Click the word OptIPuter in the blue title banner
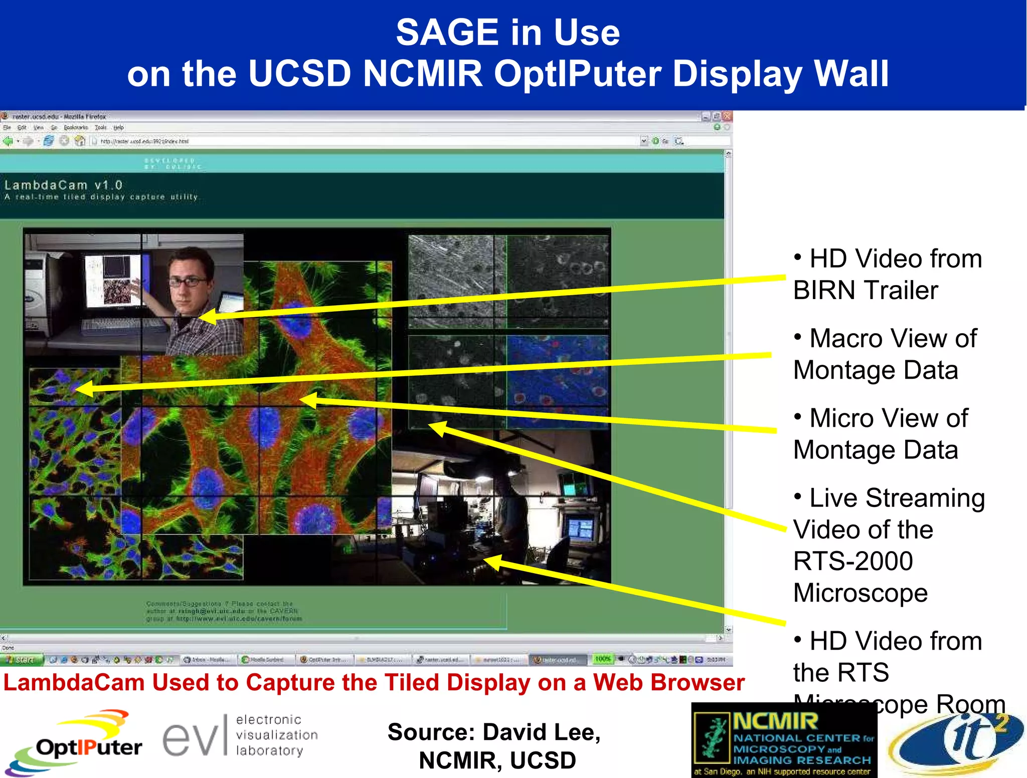[x=576, y=74]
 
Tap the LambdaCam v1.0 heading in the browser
[x=64, y=185]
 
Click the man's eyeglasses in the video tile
[x=188, y=282]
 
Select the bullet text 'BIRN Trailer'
[x=866, y=291]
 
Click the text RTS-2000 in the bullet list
[x=853, y=561]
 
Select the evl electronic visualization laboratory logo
[x=240, y=735]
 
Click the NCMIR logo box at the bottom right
[x=784, y=740]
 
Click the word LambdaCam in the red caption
[x=74, y=682]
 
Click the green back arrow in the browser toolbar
[x=8, y=141]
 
